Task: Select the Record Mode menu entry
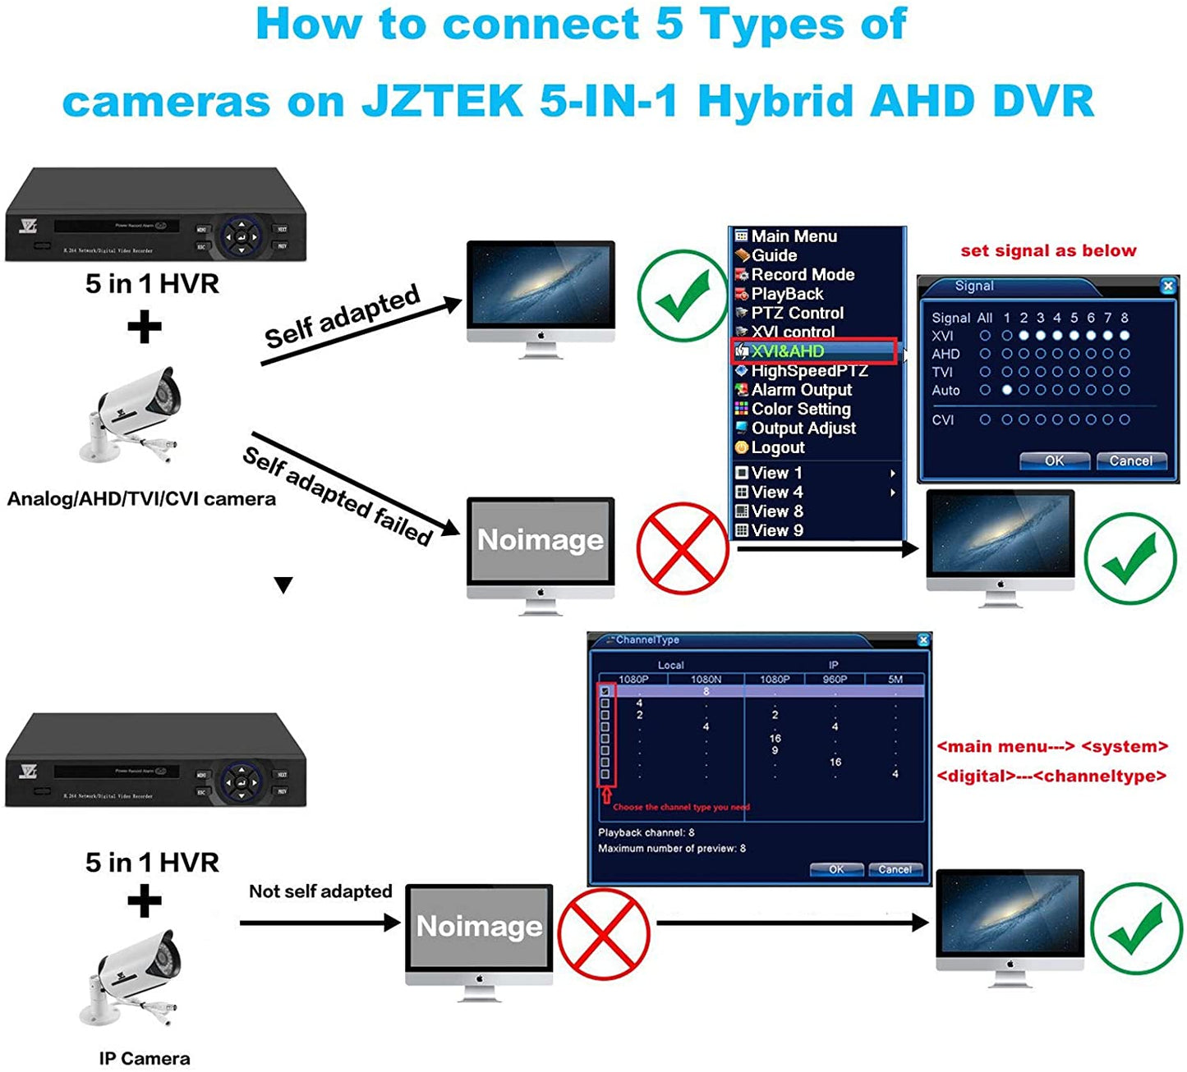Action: coord(802,275)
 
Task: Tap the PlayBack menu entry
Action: coord(786,294)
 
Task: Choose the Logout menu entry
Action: coord(777,447)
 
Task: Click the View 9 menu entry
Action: coord(776,530)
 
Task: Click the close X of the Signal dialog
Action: coord(1167,286)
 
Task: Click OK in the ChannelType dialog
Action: coord(835,869)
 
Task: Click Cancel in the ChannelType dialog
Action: coord(895,869)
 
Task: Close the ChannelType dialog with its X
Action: coord(922,640)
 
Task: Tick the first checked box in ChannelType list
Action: coord(605,691)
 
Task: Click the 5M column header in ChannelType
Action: coord(895,679)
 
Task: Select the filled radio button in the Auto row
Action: coord(1006,391)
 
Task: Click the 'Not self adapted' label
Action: coord(320,891)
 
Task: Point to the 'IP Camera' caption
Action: coord(145,1059)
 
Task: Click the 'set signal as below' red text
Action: coord(1048,251)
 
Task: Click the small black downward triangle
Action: coord(283,585)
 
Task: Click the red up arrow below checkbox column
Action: coord(607,795)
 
